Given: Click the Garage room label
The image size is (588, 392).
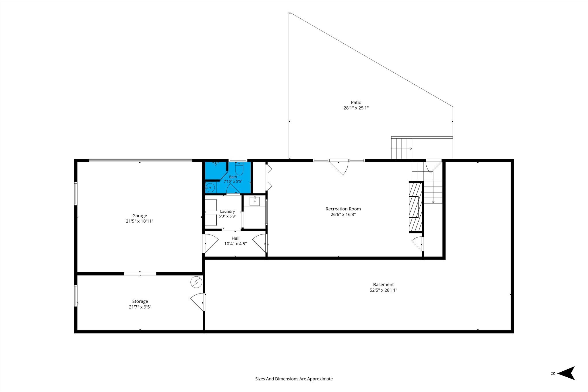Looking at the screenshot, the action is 140,216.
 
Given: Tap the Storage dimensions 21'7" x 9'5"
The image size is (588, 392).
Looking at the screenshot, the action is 140,307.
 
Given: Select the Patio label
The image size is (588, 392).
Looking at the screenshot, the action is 356,102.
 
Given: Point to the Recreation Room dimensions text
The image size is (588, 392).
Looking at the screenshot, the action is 343,214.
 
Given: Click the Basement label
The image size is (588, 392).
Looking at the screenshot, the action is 383,285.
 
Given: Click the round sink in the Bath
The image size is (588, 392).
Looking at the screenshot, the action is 210,188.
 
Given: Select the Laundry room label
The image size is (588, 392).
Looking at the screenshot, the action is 227,211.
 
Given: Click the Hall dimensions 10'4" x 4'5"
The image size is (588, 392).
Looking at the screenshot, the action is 235,244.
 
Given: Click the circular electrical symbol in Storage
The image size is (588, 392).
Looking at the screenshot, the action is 196,282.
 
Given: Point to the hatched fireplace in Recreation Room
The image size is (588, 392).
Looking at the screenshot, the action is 416,207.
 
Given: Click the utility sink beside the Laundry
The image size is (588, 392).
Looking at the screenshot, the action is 254,201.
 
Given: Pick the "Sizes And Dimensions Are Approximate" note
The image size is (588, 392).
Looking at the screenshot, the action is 294,379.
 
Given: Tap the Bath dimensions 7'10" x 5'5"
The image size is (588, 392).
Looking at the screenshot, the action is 233,181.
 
